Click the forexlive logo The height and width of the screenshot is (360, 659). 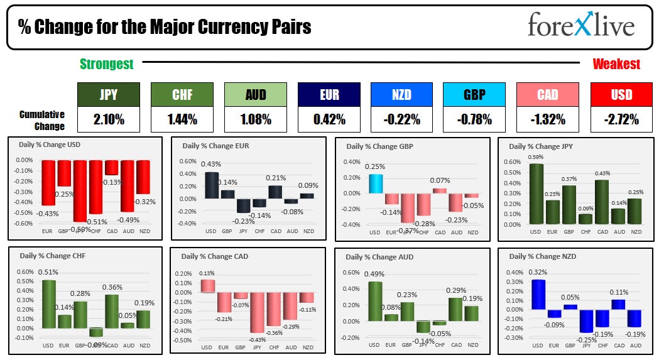coord(581,26)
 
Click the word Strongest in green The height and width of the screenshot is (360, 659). coord(106,64)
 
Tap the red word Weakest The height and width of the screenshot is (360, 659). coord(616,64)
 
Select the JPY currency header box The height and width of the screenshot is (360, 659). coord(109,95)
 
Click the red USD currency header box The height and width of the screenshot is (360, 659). coord(621,95)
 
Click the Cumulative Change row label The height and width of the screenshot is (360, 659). coord(41,120)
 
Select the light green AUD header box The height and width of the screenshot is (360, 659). coord(256,95)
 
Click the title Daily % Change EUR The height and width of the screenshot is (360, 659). coord(215,146)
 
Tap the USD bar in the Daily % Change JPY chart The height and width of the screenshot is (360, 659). coord(536,194)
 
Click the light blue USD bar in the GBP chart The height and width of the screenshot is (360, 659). coord(375,183)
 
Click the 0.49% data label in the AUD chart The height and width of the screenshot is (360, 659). coord(374,274)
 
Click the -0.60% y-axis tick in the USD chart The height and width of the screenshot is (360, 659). coord(23,224)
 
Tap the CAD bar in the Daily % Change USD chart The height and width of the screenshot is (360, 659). coord(111,167)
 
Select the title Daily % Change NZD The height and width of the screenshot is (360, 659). coord(543,256)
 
